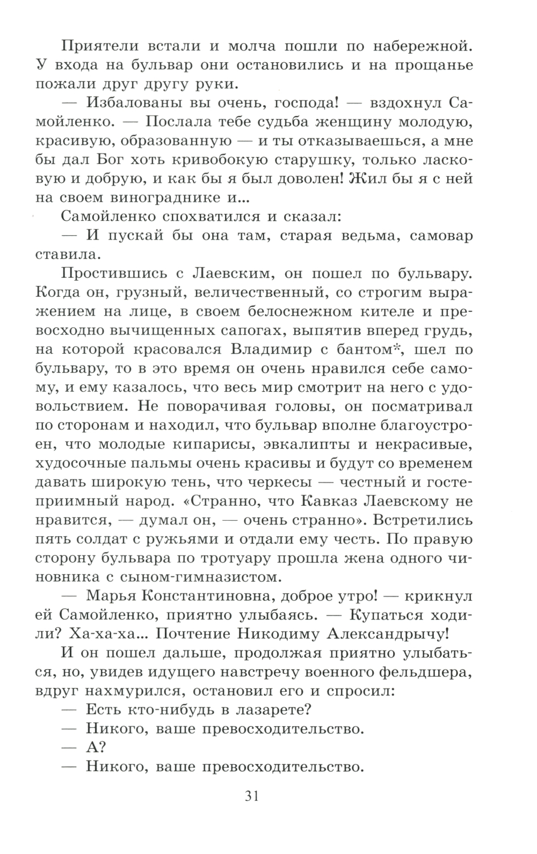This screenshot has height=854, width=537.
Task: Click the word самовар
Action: pos(438,235)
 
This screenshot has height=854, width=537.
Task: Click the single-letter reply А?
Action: pos(96,748)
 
